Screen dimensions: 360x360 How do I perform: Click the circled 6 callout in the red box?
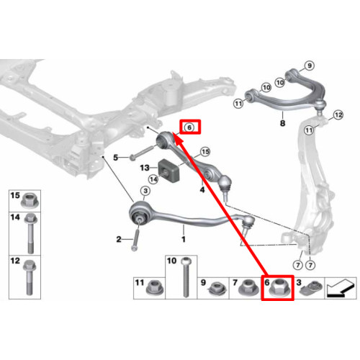pos(189,127)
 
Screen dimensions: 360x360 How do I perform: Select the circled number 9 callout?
pos(310,66)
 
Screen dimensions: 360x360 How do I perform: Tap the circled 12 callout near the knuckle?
pos(338,115)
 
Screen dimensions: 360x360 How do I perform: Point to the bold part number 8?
pos(283,123)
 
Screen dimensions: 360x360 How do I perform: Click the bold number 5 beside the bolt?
pos(116,158)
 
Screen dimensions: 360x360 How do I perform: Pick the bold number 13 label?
pos(145,168)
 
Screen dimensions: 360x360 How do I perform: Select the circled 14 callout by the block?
pos(153,179)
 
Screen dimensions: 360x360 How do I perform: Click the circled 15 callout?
pos(205,152)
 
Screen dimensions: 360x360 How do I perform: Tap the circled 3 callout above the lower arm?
pos(145,191)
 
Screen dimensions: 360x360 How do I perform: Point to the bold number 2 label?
pos(119,239)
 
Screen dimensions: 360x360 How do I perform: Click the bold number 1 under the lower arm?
pos(184,239)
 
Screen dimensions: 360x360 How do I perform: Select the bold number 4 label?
pos(202,189)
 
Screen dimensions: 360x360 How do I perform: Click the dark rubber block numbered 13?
pos(169,171)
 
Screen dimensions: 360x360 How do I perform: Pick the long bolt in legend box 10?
pos(185,277)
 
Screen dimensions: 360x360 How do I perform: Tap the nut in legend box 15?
pos(30,201)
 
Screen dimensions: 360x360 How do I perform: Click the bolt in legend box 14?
pos(30,233)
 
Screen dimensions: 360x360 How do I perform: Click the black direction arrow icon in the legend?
pos(341,289)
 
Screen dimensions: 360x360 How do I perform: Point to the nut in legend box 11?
pos(153,287)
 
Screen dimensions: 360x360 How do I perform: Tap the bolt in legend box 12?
pos(30,277)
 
